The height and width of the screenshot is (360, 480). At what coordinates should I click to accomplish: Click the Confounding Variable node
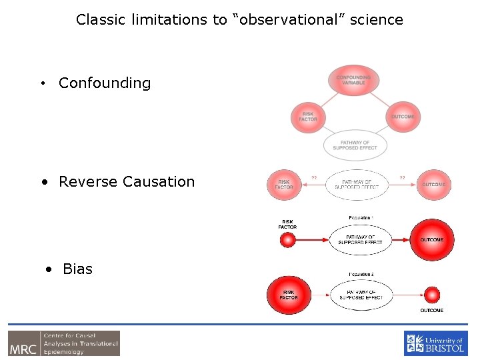353,81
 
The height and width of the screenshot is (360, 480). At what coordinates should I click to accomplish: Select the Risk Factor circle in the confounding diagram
308,116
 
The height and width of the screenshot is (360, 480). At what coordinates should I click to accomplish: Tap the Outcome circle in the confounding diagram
402,117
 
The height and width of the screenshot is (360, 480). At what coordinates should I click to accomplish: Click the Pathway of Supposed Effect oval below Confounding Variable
355,145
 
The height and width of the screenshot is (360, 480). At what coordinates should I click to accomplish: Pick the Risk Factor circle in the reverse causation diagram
284,184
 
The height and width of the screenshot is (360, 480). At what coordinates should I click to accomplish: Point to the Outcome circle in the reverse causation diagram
434,184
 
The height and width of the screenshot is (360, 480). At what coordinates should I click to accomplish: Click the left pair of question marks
314,177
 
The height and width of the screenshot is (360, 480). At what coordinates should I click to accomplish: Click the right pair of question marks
402,177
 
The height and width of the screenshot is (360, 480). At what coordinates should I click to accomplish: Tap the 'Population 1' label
361,218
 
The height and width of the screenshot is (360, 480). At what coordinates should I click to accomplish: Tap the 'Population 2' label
361,274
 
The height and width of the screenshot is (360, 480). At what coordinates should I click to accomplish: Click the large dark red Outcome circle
431,239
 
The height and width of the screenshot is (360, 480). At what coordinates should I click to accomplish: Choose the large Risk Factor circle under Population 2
289,295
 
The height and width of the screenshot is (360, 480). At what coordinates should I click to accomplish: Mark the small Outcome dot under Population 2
432,295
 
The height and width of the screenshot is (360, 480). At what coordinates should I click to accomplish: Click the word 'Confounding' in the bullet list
105,83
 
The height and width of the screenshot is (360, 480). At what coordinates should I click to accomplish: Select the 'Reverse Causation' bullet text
127,181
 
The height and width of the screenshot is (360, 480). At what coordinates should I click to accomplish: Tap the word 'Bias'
77,269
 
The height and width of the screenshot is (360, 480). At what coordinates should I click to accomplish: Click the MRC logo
64,343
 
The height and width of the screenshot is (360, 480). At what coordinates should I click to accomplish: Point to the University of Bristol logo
436,343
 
